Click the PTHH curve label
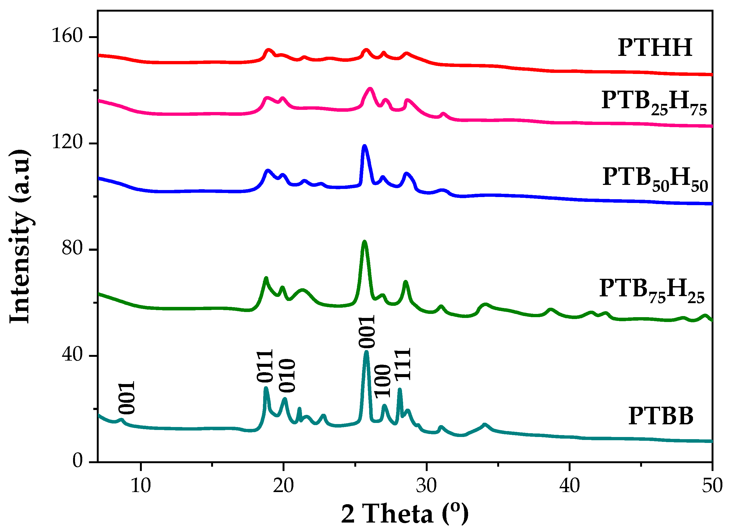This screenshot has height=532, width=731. (x=655, y=48)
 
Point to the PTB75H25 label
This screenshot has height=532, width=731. (x=652, y=290)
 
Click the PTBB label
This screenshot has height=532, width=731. (x=661, y=416)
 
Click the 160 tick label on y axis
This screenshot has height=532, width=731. (x=67, y=35)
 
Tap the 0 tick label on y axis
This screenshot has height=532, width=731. (x=78, y=460)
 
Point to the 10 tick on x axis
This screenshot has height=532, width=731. (x=141, y=486)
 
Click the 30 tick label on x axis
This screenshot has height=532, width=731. (x=426, y=486)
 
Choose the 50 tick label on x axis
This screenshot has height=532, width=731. (x=712, y=486)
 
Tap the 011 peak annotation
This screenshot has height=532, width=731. (x=265, y=365)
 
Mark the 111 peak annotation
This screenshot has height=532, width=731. (x=403, y=364)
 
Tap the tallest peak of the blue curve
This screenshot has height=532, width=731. (x=365, y=146)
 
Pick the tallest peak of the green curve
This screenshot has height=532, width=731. (x=365, y=242)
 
